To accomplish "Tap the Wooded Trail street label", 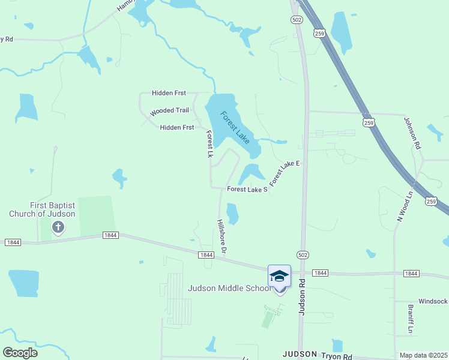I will [169, 111].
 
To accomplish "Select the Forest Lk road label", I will [209, 145].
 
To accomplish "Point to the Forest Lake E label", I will [284, 173].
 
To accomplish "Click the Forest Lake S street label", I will [247, 190].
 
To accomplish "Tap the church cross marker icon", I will [58, 227].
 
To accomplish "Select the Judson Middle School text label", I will [230, 288].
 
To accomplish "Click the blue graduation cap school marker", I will [279, 276].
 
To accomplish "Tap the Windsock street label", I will [433, 301].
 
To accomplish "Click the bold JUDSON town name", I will [299, 354].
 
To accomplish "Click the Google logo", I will [20, 353].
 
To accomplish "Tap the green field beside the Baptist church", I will [96, 215].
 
